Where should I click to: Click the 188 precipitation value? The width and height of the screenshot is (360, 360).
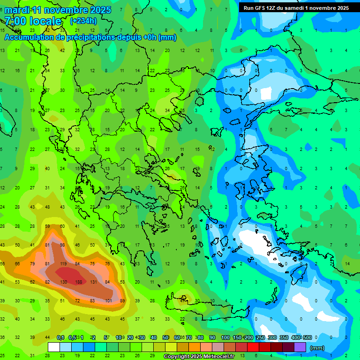79,282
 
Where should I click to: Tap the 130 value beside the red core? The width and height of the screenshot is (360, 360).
64,282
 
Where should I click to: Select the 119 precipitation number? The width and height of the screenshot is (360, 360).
63,264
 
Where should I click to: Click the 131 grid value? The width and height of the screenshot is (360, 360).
93,282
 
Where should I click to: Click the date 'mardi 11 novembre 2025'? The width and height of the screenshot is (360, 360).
58,10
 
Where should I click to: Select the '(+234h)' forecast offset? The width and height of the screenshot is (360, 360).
83,21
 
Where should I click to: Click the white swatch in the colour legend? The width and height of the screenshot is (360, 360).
54,347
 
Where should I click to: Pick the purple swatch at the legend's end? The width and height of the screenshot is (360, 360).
300,347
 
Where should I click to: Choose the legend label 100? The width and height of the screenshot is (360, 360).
225,337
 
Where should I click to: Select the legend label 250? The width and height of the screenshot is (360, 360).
260,337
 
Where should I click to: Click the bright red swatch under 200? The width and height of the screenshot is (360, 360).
253,347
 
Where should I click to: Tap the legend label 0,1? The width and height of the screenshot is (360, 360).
60,337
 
